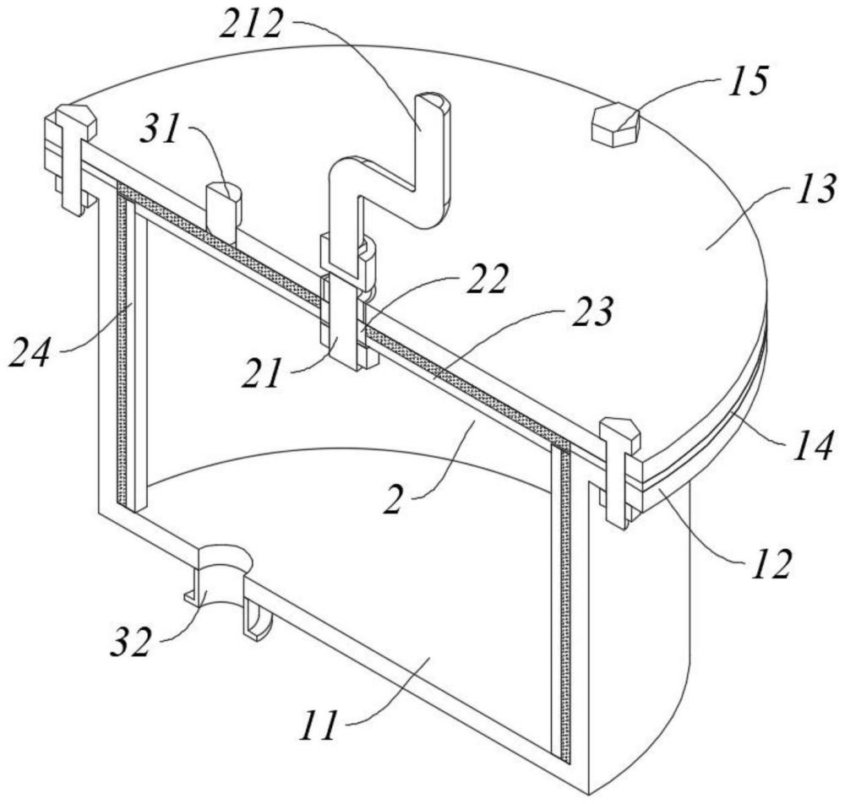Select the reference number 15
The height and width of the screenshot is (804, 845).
click(748, 83)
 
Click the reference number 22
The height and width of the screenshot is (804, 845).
click(488, 279)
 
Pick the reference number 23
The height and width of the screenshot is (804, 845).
click(591, 312)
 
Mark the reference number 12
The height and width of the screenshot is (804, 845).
click(771, 564)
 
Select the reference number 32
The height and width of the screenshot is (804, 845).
click(130, 643)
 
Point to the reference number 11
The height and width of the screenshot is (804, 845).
click(319, 725)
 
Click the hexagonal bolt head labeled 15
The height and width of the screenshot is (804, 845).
click(615, 124)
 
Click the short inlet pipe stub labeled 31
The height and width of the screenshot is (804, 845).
click(224, 213)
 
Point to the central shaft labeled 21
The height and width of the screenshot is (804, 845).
click(343, 301)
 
